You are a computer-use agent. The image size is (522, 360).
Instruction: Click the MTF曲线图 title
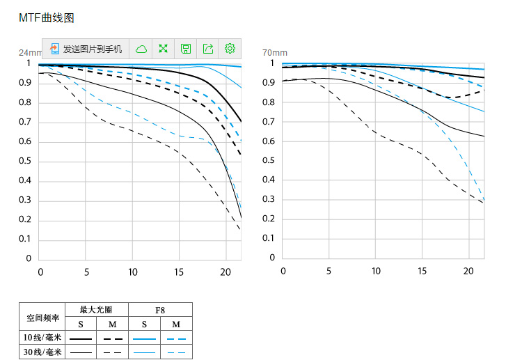tap(46, 18)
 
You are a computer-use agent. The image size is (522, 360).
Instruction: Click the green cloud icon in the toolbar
tap(141, 49)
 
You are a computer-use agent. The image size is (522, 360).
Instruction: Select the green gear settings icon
tap(230, 49)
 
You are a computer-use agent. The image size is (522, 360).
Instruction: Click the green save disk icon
tap(186, 49)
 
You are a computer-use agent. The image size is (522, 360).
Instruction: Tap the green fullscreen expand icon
tap(164, 49)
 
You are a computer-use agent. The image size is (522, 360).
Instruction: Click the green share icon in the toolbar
tap(208, 49)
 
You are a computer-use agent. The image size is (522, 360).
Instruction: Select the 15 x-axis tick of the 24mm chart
tap(179, 272)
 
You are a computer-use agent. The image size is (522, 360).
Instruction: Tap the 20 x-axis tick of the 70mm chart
tap(468, 270)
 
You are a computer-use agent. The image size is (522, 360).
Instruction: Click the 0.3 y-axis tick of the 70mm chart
tap(268, 199)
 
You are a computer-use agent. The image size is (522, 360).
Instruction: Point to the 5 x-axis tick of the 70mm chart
tap(329, 270)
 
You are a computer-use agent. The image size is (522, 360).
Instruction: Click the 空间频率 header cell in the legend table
tap(43, 318)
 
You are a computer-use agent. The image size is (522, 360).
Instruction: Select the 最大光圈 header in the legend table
tap(96, 310)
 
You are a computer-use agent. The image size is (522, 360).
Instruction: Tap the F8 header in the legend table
tap(160, 310)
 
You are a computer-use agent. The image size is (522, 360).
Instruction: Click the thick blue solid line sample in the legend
tap(144, 338)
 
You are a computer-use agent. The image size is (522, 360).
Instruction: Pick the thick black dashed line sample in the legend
tap(112, 338)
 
